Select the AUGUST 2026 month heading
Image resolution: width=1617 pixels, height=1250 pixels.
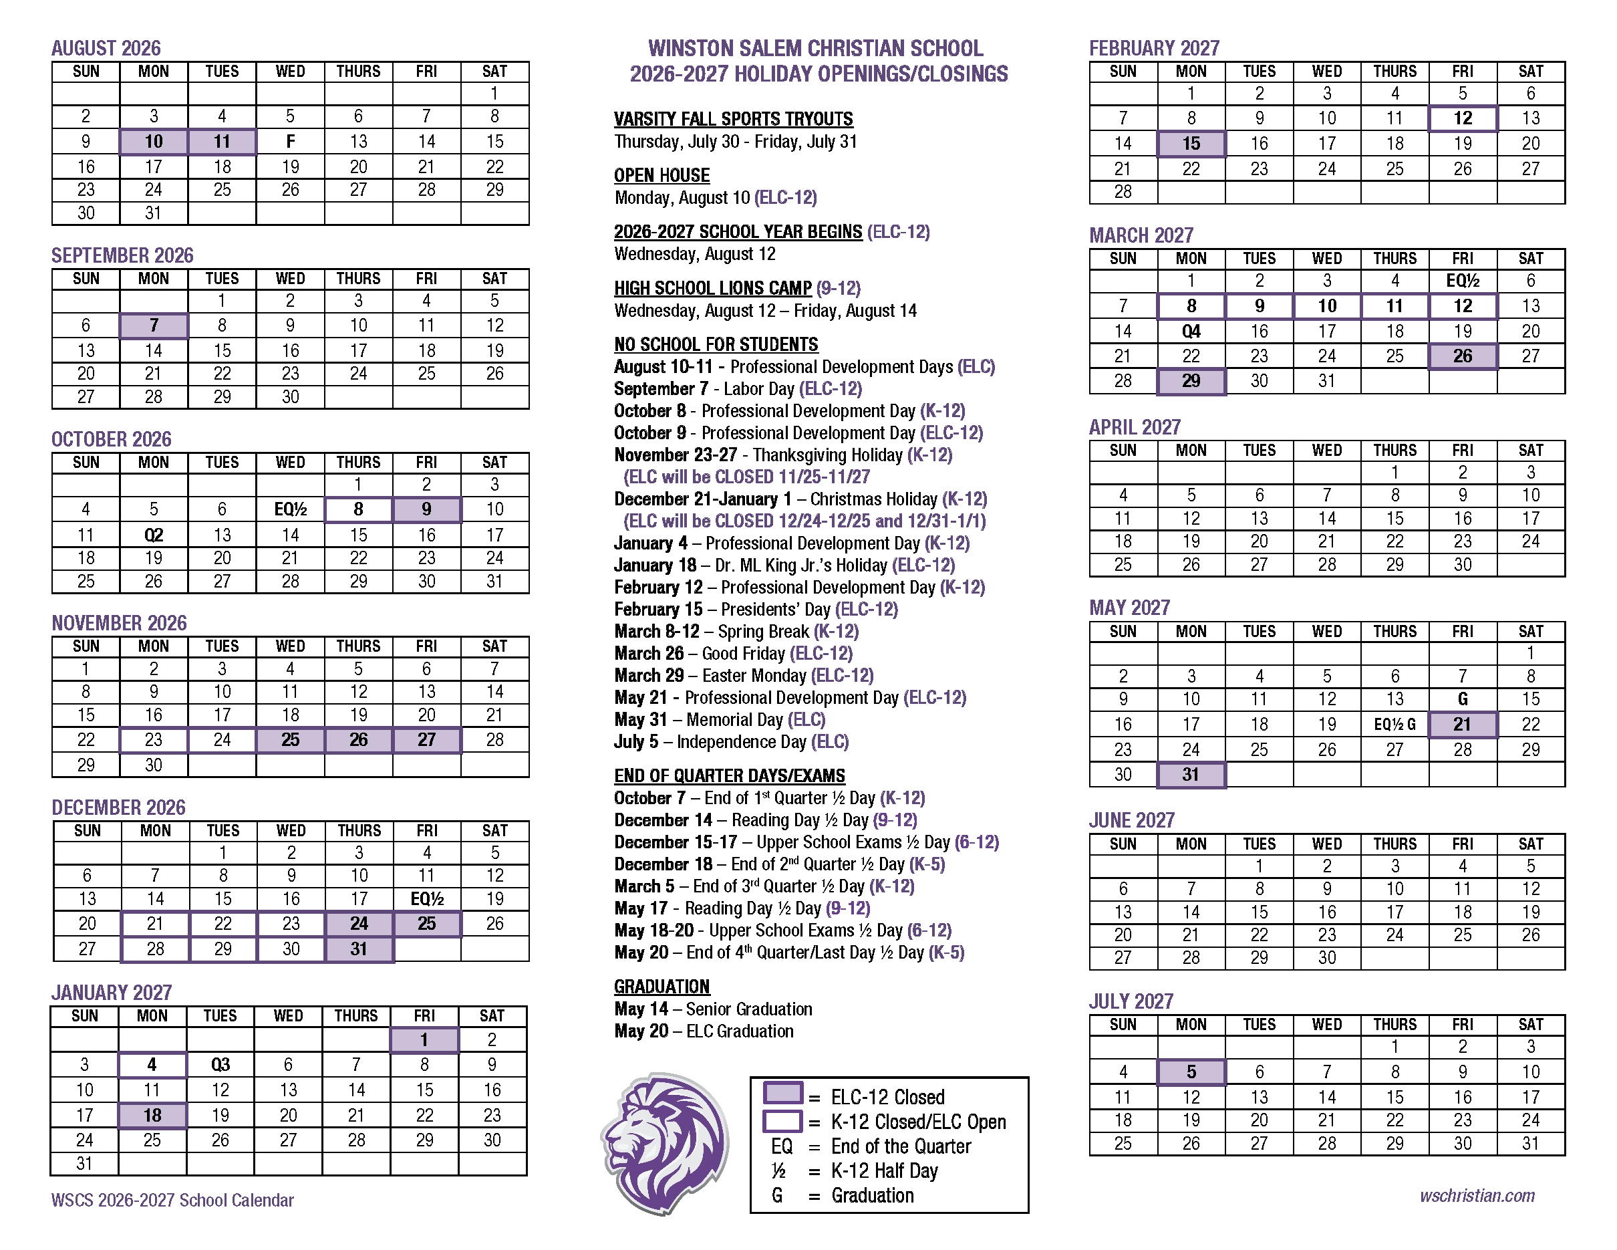click(106, 48)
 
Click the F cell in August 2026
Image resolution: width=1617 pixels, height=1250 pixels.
click(290, 142)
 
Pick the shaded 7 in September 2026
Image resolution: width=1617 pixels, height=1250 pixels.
click(154, 325)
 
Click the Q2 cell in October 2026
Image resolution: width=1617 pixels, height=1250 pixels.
click(154, 535)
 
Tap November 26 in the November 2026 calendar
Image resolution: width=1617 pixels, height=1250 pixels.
click(358, 740)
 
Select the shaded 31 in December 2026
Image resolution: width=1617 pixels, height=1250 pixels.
click(359, 949)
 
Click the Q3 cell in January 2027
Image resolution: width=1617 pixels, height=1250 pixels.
click(220, 1065)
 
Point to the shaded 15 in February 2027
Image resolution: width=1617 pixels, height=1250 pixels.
click(1191, 144)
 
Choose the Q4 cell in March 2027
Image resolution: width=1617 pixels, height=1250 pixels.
click(1191, 331)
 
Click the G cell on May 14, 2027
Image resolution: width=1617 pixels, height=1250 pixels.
click(1462, 699)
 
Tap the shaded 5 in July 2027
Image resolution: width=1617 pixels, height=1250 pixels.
click(1191, 1072)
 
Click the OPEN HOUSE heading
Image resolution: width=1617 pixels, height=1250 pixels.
click(661, 176)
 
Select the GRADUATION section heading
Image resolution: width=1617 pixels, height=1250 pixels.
click(661, 987)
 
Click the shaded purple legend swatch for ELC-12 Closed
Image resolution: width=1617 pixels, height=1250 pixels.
click(782, 1094)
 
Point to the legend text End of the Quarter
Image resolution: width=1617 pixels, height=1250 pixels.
click(900, 1146)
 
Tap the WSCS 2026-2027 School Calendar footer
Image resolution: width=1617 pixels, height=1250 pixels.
click(172, 1201)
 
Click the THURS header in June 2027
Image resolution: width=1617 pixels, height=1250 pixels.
click(1395, 844)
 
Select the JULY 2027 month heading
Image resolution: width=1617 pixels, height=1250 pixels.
click(1131, 1001)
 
